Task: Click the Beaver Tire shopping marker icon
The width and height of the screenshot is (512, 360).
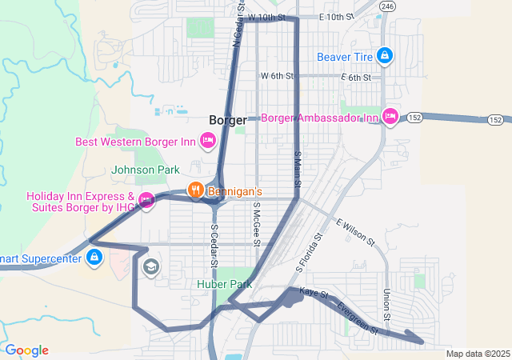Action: pos(385,56)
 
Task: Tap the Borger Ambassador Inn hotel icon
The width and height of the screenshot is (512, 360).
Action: pos(390,118)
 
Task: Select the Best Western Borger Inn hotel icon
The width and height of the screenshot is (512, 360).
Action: pos(207,142)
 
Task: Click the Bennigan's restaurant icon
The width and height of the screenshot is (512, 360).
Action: pos(194,191)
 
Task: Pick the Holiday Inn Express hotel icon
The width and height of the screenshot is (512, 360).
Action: pos(146,200)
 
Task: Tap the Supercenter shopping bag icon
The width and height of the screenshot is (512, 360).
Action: pos(94,258)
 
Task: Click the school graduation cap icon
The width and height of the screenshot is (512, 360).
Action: pos(150,266)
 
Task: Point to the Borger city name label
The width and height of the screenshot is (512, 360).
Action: pos(227,119)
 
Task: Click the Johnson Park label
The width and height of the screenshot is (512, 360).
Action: pos(146,170)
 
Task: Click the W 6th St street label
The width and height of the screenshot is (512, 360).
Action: pos(278,76)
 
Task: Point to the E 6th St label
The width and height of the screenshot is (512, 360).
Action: pos(356,77)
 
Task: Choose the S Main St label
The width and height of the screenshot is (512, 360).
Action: pos(297,170)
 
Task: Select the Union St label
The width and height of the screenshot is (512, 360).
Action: pos(386,305)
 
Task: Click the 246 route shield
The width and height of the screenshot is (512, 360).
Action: pos(387,6)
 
